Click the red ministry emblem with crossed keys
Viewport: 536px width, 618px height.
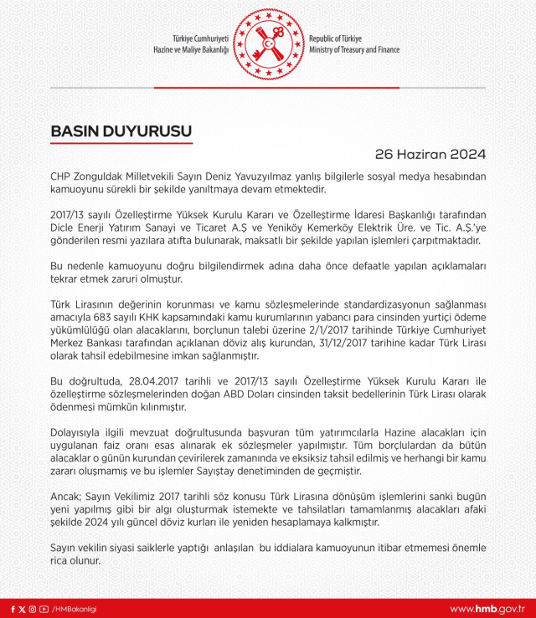click(x=268, y=44)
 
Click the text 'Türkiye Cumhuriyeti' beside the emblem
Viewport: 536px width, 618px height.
click(x=200, y=39)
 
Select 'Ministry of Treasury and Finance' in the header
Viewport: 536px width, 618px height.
click(x=354, y=50)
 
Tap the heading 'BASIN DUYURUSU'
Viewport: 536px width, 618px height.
click(x=121, y=132)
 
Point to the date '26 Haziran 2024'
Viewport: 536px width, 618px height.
click(x=430, y=155)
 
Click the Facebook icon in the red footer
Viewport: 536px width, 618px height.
click(x=11, y=609)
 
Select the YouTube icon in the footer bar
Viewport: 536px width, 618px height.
click(x=44, y=609)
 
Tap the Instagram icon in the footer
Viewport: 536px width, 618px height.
click(x=33, y=609)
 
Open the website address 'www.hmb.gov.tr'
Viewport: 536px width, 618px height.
click(x=488, y=609)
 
